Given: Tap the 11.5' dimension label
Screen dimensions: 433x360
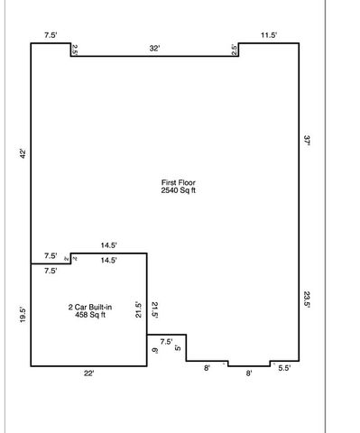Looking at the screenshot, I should [268, 35].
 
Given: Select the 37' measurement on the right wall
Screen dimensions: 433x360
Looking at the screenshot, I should [307, 140].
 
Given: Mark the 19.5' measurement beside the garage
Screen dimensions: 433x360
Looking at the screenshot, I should [23, 315].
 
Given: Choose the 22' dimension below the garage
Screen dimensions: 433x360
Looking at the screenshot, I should [88, 373].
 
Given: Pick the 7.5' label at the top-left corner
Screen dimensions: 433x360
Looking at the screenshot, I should [51, 35].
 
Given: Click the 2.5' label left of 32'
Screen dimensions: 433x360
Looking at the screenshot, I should [75, 51].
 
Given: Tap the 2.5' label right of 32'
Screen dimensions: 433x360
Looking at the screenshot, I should [235, 51].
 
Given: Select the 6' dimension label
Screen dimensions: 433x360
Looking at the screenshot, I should [154, 350].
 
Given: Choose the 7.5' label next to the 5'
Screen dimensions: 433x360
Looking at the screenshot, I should [166, 342].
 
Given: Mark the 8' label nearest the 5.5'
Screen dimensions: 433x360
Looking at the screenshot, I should [249, 371].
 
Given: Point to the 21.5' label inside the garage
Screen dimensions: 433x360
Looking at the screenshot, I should [154, 309].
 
